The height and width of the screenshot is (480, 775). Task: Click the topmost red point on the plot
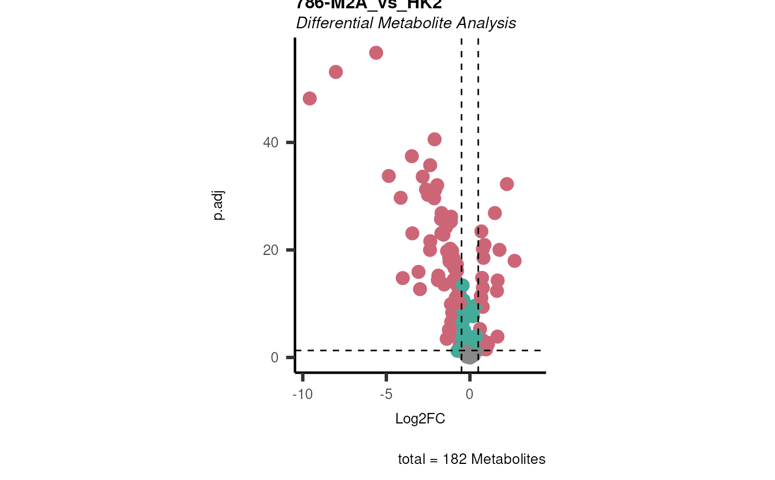[x=376, y=53]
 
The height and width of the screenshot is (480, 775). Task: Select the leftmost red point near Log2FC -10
[x=309, y=99]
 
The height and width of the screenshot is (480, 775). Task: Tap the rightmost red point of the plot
[x=514, y=261]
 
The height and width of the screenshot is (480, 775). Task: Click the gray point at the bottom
[x=469, y=355]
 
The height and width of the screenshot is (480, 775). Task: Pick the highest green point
[x=462, y=285]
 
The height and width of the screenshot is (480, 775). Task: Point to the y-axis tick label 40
[x=271, y=142]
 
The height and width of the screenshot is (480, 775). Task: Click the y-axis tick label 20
[x=271, y=250]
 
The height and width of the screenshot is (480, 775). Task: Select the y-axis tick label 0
[x=275, y=358]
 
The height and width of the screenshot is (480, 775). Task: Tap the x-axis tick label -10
[x=302, y=394]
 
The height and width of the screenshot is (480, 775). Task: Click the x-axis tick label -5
[x=386, y=394]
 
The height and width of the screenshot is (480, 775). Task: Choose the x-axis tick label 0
[x=469, y=394]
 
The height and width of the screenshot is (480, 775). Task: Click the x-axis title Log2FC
[x=420, y=419]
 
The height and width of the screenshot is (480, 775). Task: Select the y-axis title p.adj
[x=219, y=206]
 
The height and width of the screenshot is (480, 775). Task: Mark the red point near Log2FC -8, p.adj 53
[x=335, y=72]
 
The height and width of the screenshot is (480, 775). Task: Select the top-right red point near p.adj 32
[x=507, y=184]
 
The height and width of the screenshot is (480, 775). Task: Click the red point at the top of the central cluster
[x=435, y=139]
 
